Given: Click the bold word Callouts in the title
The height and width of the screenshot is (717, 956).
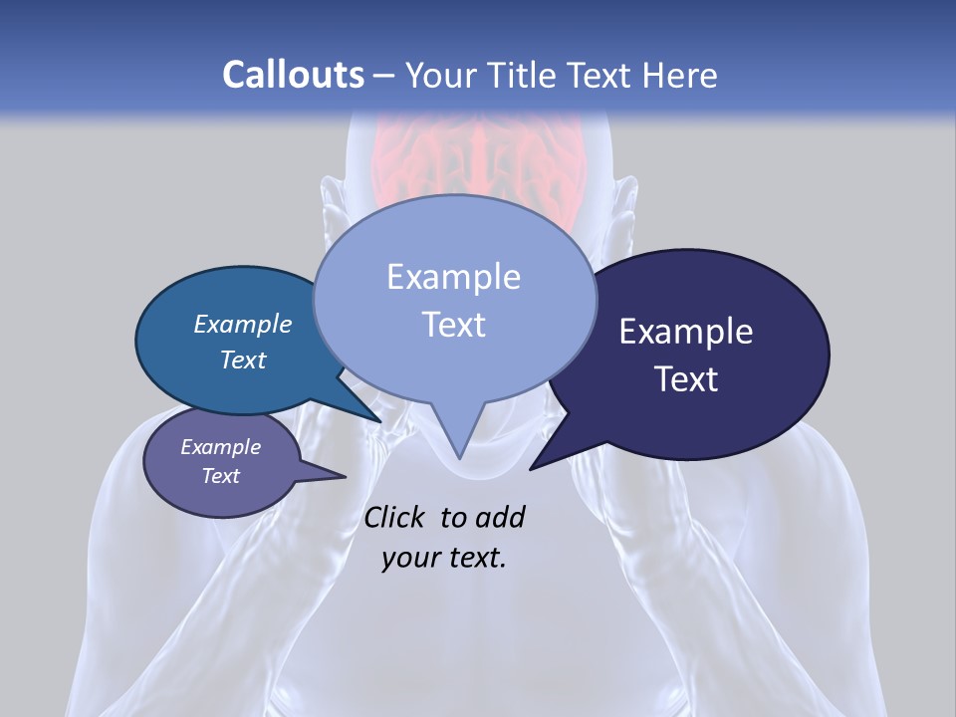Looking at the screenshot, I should tap(293, 75).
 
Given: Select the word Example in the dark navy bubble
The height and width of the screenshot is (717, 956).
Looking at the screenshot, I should tap(686, 332).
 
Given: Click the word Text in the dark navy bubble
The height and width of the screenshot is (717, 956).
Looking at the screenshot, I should tap(686, 379).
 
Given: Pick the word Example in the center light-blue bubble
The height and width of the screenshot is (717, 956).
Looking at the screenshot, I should tap(453, 277).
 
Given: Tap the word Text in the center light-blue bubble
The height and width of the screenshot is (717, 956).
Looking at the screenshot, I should tap(453, 325).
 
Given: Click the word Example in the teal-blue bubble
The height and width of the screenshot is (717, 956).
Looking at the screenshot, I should tap(243, 324).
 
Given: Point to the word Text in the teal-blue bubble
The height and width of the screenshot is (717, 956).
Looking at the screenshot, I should tap(243, 359).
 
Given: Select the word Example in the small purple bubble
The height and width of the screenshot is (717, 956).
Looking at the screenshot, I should tap(220, 447).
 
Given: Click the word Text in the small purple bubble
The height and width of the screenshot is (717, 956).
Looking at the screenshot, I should tap(220, 476).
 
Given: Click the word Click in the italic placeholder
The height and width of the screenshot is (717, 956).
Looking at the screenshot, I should tap(396, 517).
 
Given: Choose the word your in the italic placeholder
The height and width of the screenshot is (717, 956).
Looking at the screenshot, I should tap(409, 558).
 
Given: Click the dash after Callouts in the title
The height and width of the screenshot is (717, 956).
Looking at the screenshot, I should tap(384, 75).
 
